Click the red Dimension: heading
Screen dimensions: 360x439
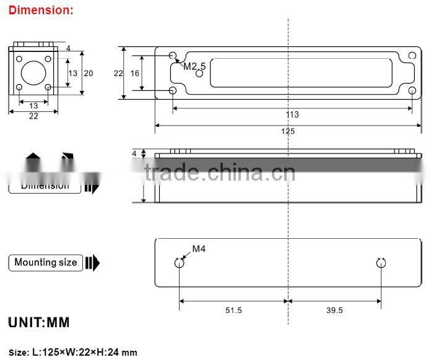[x=41, y=10]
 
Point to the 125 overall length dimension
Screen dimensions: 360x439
[x=287, y=131]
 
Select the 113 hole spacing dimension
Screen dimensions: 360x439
[x=292, y=114]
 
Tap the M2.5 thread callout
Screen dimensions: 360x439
[x=194, y=66]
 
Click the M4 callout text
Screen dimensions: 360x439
[x=198, y=249]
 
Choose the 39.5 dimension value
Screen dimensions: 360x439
[x=334, y=311]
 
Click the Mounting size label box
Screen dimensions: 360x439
[x=46, y=262]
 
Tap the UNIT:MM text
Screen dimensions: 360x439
[x=38, y=323]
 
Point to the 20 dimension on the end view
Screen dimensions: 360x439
[x=88, y=73]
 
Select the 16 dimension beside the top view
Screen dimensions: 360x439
[x=135, y=73]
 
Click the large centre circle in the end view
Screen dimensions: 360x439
[x=33, y=74]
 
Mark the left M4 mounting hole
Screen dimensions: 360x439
[x=180, y=263]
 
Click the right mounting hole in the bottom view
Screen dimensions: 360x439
[x=381, y=263]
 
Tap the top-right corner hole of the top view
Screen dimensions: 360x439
[x=412, y=56]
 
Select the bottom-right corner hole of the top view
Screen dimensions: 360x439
[x=412, y=91]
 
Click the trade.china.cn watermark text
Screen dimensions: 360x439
[x=220, y=173]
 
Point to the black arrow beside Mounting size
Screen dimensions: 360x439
[x=92, y=263]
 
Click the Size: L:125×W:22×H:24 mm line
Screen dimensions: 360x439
[x=72, y=353]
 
